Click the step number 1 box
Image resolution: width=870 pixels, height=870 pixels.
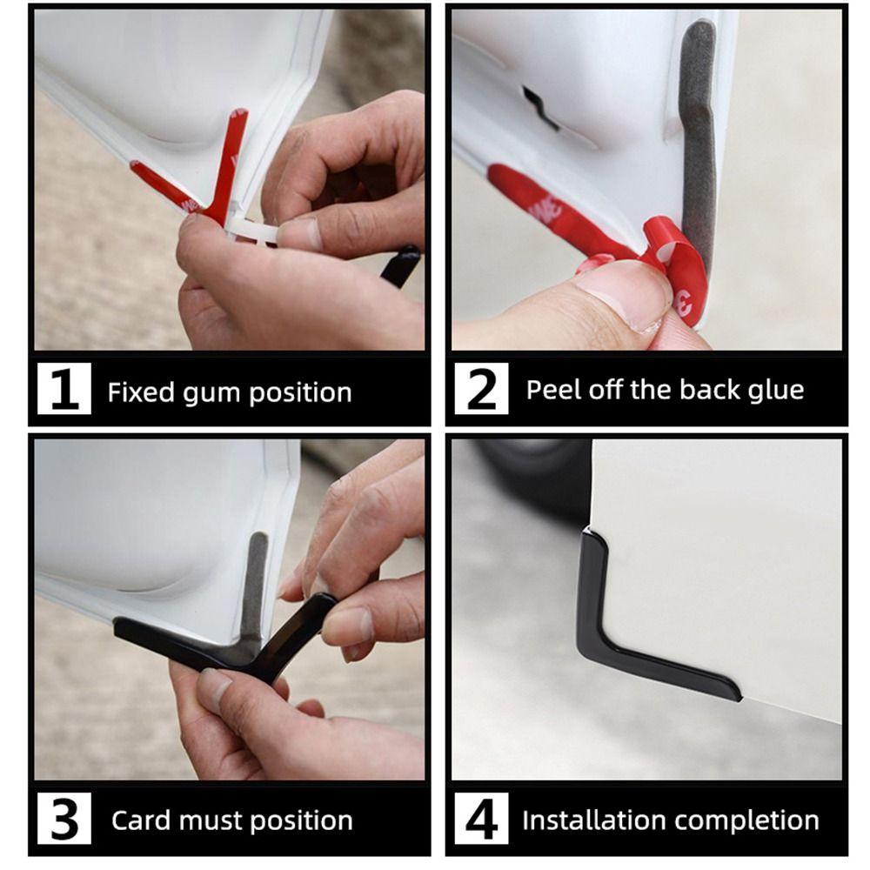(x=64, y=388)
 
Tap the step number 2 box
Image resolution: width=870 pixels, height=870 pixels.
(x=481, y=388)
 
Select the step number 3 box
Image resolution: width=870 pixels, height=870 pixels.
(x=64, y=818)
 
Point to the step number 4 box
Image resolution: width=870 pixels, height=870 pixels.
(x=481, y=818)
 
